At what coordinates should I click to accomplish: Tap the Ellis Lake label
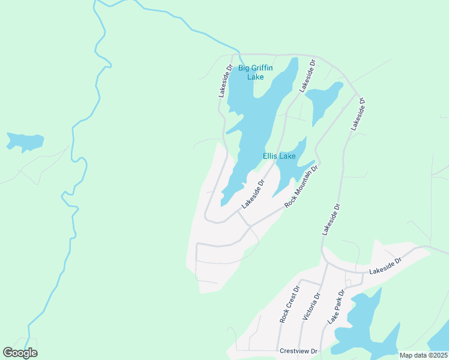pos(279,157)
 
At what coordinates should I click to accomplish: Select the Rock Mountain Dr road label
pos(301,187)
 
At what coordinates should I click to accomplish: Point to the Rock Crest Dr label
pos(285,308)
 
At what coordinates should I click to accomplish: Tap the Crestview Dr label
pos(297,350)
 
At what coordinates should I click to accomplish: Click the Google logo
pos(20,353)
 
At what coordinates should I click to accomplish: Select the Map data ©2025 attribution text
pos(423,355)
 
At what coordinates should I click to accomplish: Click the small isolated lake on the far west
pos(24,142)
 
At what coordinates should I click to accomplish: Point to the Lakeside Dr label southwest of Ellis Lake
pos(253,194)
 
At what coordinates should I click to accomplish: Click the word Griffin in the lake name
pos(262,68)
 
